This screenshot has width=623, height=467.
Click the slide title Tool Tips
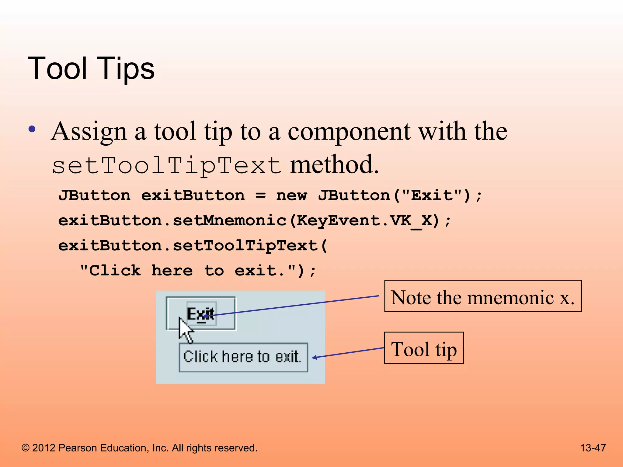(91, 69)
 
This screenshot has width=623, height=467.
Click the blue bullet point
(32, 129)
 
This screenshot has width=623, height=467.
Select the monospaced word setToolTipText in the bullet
(167, 166)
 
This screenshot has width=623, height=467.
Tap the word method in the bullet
(334, 164)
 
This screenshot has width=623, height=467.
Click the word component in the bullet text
(349, 132)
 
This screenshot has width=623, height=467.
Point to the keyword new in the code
(291, 195)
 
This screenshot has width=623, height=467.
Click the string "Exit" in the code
(432, 195)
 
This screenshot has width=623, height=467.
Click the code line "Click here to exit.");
(198, 270)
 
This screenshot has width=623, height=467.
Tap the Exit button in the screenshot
(201, 313)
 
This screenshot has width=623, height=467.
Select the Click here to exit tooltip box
(243, 357)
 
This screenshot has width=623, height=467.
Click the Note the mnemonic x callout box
(483, 296)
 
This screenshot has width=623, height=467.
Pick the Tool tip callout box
(424, 348)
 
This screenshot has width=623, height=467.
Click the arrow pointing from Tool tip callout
(348, 353)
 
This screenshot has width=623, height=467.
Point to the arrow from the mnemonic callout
(292, 306)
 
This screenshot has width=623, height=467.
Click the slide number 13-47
(593, 448)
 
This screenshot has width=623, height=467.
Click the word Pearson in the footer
(78, 448)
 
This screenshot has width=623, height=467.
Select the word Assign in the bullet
(89, 132)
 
